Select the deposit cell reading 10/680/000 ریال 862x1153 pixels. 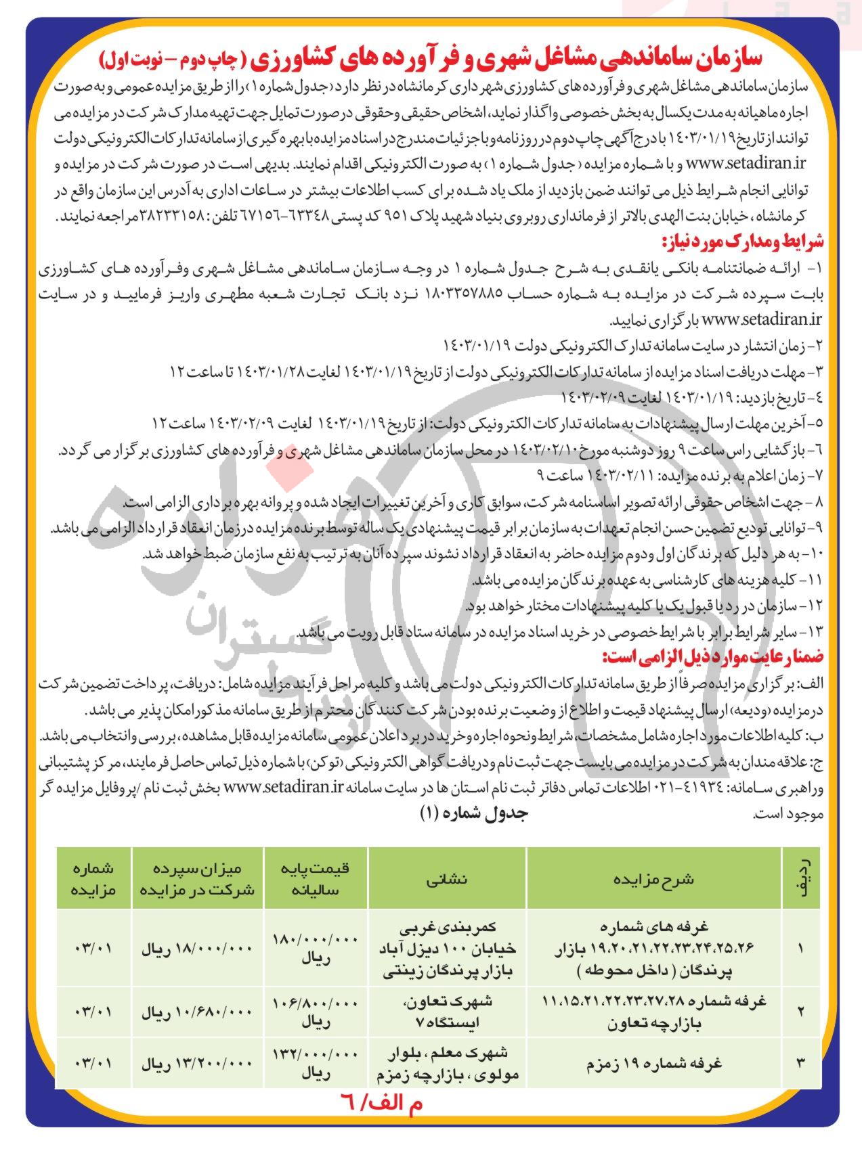[196, 1012]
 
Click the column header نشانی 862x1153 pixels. [446, 879]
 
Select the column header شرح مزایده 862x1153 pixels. [653, 879]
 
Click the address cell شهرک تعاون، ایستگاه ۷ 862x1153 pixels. [447, 1012]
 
